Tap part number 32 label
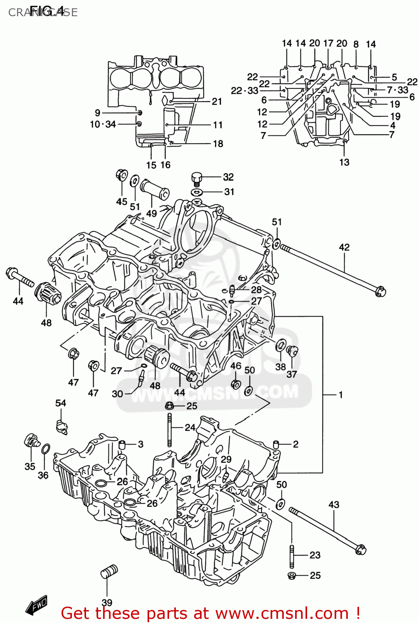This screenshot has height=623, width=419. pyautogui.click(x=228, y=177)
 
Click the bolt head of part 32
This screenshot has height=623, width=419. pyautogui.click(x=197, y=178)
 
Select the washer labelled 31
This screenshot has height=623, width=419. pyautogui.click(x=197, y=192)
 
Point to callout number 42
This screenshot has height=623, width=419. pyautogui.click(x=344, y=248)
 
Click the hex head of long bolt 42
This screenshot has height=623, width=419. pyautogui.click(x=380, y=291)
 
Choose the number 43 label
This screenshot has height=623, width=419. pyautogui.click(x=334, y=505)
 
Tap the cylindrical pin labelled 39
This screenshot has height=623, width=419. pyautogui.click(x=109, y=571)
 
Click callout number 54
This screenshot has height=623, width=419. pyautogui.click(x=61, y=403)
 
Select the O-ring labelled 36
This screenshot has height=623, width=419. pyautogui.click(x=46, y=449)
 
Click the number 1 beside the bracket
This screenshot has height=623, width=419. pyautogui.click(x=340, y=395)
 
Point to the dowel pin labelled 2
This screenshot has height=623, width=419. pyautogui.click(x=276, y=444)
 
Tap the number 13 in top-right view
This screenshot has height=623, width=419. pyautogui.click(x=344, y=162)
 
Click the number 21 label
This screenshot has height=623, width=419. pyautogui.click(x=217, y=101)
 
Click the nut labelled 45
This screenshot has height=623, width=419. pyautogui.click(x=121, y=175)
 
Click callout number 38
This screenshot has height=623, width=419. pyautogui.click(x=281, y=367)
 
